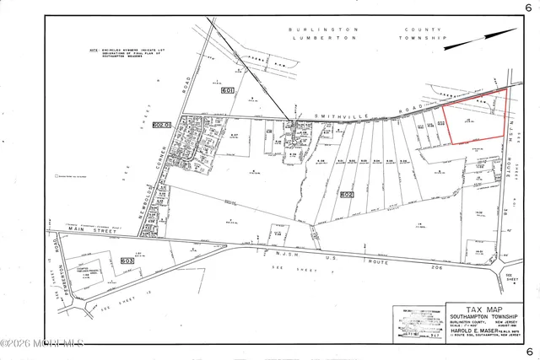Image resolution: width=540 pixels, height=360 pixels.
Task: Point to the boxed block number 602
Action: click(x=345, y=194)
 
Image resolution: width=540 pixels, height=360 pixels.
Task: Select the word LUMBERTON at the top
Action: click(x=305, y=38)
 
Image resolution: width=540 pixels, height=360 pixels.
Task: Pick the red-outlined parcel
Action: click(x=472, y=118)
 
